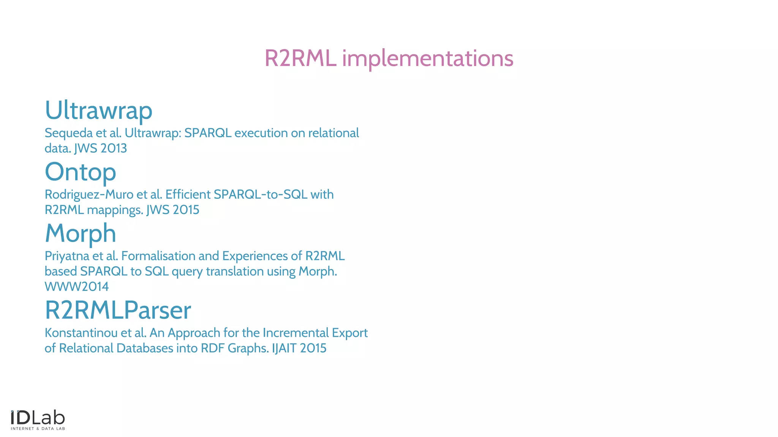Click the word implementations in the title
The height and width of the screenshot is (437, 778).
[x=428, y=59]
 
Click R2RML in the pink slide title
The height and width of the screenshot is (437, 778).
[x=300, y=59]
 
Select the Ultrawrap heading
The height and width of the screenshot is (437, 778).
[x=98, y=110]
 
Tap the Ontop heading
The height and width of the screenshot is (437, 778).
[x=81, y=172]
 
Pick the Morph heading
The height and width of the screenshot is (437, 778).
[x=81, y=233]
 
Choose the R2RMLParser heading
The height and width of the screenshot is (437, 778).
[x=118, y=310]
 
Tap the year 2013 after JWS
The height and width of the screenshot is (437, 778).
[x=114, y=148]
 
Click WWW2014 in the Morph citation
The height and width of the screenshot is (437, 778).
[x=77, y=287]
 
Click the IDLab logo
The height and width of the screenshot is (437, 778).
[x=38, y=418]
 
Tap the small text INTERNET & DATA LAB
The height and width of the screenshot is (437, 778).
[x=38, y=429]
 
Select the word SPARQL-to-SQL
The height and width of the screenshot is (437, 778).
[x=260, y=195]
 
